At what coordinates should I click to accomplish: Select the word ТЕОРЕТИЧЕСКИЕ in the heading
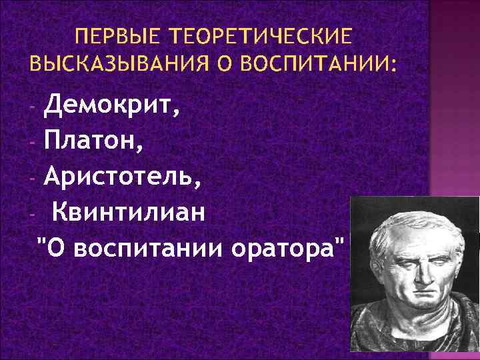261,35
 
